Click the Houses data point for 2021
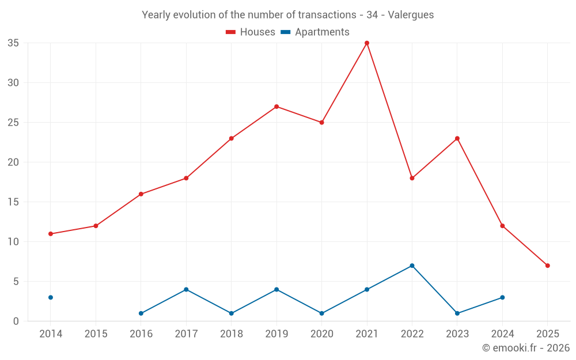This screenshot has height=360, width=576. click(367, 43)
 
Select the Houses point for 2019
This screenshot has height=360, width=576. click(276, 107)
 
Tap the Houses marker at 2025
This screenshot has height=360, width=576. click(547, 266)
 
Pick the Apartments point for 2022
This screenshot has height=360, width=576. click(412, 266)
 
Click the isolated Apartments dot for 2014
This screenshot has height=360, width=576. click(51, 297)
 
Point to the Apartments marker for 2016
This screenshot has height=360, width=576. click(141, 313)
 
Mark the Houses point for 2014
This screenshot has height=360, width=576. click(51, 234)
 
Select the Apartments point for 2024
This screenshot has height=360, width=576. click(502, 297)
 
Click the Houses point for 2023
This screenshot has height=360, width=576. click(457, 138)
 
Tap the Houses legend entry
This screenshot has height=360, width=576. click(251, 32)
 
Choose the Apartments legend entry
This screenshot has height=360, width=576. click(315, 32)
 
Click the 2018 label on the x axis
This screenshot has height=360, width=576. click(232, 334)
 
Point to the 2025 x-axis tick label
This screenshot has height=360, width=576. click(547, 334)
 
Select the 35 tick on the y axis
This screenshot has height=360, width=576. click(13, 43)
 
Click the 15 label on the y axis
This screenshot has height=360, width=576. click(13, 202)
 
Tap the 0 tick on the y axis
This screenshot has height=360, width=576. click(16, 321)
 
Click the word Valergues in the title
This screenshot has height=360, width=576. click(411, 15)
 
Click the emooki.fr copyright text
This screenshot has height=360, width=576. click(525, 348)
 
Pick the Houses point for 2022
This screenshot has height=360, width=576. click(412, 178)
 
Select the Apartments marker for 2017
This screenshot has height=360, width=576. click(186, 289)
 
